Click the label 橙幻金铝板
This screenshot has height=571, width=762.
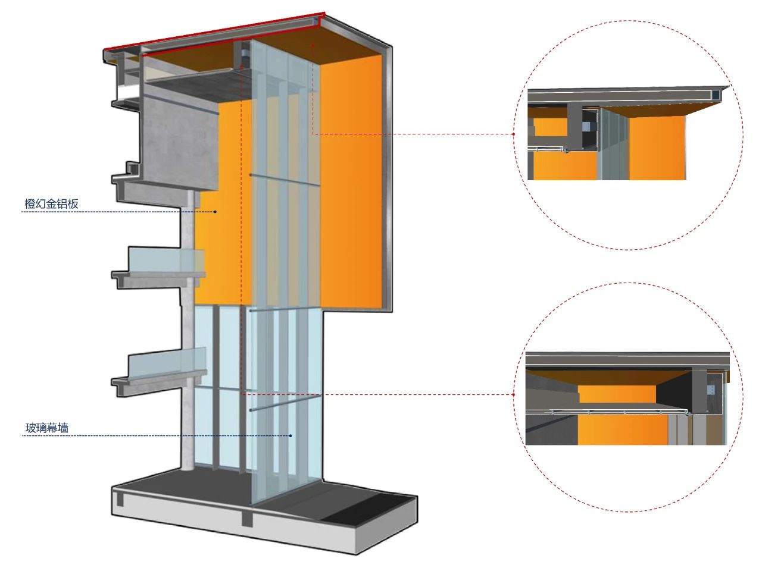[x=51, y=204]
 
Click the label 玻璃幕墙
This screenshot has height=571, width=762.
[x=46, y=428]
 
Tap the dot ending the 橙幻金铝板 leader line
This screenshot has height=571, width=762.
[x=216, y=212]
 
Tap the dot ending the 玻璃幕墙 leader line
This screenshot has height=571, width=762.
[x=291, y=436]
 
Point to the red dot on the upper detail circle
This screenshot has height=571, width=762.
[x=514, y=134]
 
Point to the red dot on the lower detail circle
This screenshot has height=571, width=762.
[x=514, y=394]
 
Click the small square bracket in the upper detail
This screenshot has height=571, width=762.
[x=586, y=126]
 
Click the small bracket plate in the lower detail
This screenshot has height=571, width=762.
[x=710, y=390]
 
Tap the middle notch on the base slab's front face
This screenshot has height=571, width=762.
[x=246, y=518]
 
